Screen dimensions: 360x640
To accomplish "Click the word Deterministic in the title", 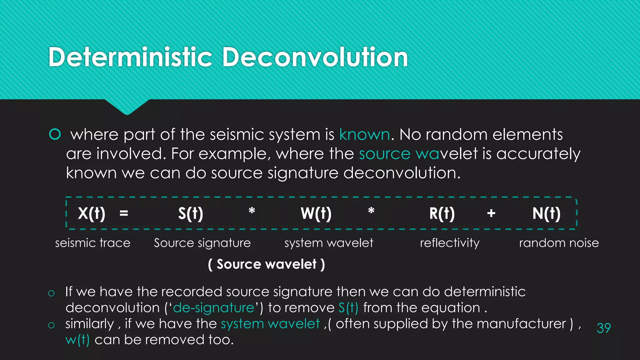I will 130,57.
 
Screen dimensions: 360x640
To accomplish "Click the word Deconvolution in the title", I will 315,57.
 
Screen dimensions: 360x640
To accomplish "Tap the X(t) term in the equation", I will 92,214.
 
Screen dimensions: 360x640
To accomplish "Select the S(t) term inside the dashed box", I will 191,214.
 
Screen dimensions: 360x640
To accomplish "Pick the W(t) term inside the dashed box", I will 316,214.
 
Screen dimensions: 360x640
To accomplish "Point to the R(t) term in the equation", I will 442,214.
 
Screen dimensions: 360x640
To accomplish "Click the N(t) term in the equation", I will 547,214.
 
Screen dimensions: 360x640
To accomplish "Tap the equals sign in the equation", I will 124,214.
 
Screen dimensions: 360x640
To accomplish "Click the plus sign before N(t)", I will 491,213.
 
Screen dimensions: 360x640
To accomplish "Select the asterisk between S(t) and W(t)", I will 252,211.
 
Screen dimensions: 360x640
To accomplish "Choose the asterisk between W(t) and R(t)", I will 371,211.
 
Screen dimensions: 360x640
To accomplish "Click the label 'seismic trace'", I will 93,243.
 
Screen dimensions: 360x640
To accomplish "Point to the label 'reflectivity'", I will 450,243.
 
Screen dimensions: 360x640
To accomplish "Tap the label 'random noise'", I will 559,243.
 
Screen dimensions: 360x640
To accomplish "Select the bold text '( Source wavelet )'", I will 267,264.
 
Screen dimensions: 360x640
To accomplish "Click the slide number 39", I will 603,328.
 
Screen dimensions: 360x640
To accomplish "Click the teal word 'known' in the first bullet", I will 365,135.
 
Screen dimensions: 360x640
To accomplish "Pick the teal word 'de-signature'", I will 214,308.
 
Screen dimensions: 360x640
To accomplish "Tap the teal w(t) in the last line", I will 77,340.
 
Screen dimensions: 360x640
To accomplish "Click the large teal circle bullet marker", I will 55,134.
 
